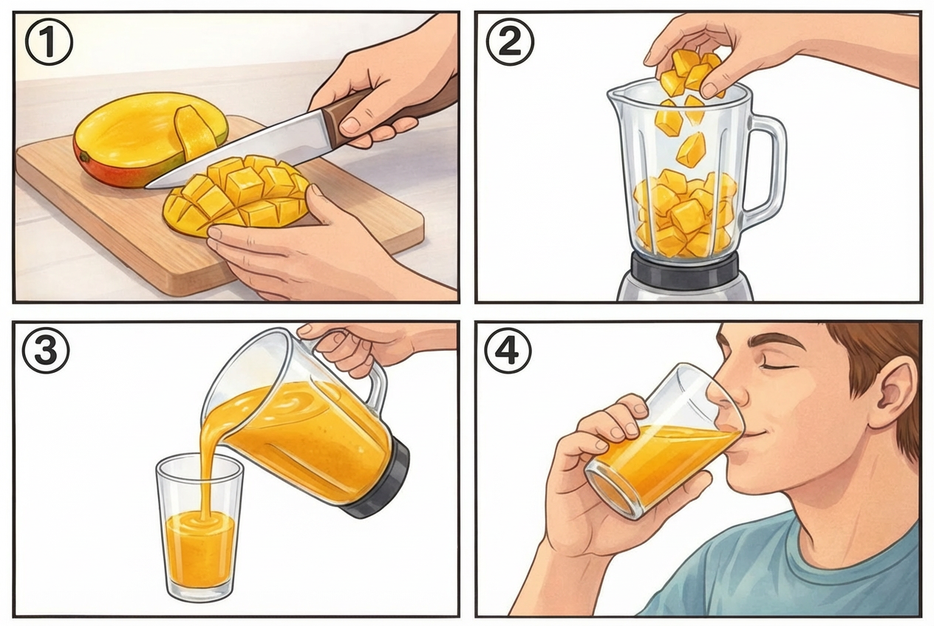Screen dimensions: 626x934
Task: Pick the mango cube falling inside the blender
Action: [691, 149]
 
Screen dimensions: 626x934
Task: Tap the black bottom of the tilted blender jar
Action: [384, 480]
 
